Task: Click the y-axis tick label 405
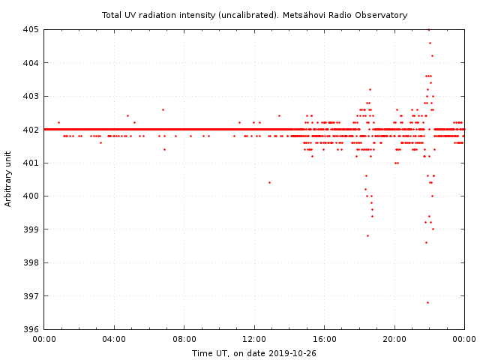(31, 29)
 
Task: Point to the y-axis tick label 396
(31, 329)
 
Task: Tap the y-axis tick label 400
(31, 196)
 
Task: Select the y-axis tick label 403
(31, 96)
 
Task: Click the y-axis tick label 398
(31, 262)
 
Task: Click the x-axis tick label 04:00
(114, 340)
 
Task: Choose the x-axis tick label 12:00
(254, 340)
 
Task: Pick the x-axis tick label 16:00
(324, 340)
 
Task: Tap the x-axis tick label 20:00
(394, 340)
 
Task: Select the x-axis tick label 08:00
(184, 340)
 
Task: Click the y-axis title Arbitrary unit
(9, 179)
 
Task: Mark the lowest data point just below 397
(427, 302)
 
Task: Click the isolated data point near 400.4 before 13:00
(269, 182)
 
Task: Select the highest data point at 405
(428, 29)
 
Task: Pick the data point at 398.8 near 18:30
(367, 235)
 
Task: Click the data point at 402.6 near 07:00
(163, 109)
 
